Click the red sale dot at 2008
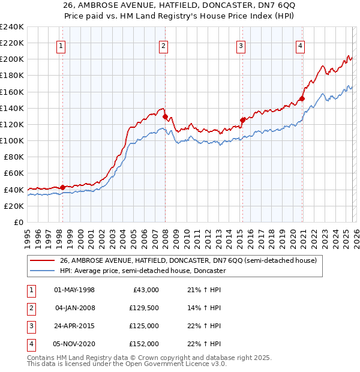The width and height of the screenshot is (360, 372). pos(165,116)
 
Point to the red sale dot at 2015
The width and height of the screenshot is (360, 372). pos(242,120)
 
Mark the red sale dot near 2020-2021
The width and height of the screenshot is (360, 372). pos(302,98)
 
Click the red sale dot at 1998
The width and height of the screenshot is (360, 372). pos(62,187)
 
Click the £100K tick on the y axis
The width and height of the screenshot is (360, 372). pos(12,140)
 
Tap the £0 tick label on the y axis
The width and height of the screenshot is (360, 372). pos(18,222)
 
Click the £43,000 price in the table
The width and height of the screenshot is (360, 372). pos(145,290)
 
